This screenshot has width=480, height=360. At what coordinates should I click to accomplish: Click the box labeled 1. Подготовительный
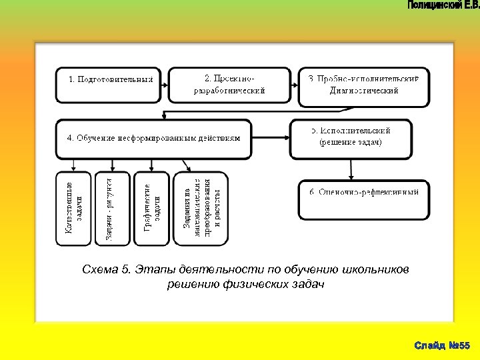click(x=108, y=85)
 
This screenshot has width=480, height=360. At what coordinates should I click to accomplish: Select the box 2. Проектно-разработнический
click(x=229, y=85)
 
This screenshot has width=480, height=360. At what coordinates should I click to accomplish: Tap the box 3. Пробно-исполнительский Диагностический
click(x=363, y=86)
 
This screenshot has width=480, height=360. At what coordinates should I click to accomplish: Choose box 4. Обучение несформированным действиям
click(x=153, y=139)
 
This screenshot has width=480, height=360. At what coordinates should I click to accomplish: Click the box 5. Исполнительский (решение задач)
click(x=351, y=138)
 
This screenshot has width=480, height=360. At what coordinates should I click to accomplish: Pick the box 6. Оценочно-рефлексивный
click(x=363, y=199)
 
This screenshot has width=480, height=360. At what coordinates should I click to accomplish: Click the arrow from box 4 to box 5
click(x=271, y=139)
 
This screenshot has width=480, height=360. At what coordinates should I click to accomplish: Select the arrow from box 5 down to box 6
click(x=351, y=169)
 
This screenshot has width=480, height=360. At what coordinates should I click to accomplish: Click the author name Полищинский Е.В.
click(x=441, y=6)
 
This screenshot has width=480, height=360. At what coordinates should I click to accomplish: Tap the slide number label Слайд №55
click(x=442, y=345)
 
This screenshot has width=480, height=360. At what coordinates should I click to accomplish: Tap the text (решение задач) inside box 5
click(x=351, y=143)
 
